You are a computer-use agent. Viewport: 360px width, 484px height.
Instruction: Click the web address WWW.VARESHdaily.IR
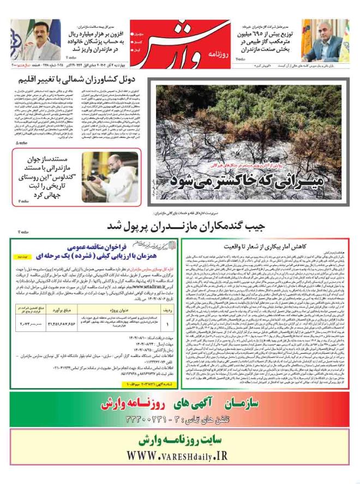(180, 455)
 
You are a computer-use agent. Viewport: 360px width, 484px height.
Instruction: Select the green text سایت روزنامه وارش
(181, 439)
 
